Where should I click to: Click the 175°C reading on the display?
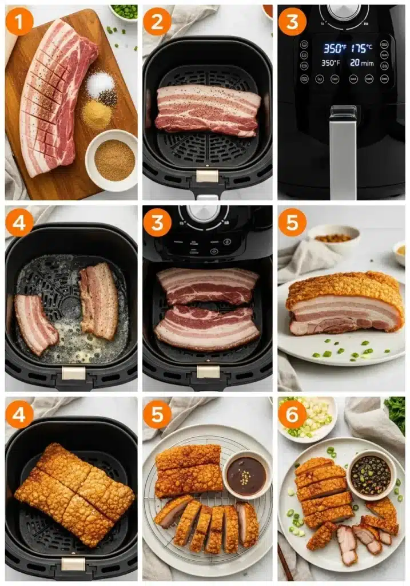pyautogui.click(x=362, y=48)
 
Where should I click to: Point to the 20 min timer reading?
pyautogui.click(x=362, y=63)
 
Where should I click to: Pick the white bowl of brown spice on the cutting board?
pyautogui.click(x=112, y=160)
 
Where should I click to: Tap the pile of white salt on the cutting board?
pyautogui.click(x=100, y=84)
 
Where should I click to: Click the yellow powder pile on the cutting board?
pyautogui.click(x=96, y=114)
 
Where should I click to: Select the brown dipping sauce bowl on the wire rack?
pyautogui.click(x=246, y=475)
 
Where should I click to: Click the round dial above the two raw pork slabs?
pyautogui.click(x=204, y=213)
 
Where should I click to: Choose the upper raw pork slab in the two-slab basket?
pyautogui.click(x=207, y=286)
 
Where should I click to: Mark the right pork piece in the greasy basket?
pyautogui.click(x=99, y=300)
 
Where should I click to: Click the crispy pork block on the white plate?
pyautogui.click(x=345, y=303)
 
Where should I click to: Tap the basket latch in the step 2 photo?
pyautogui.click(x=207, y=176)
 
